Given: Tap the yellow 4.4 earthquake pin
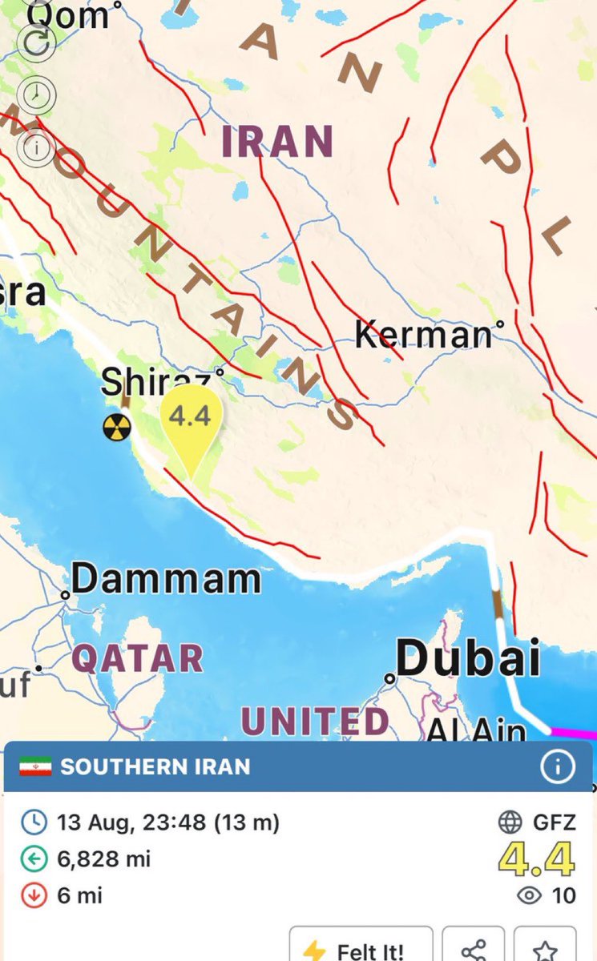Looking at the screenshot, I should coord(191,420).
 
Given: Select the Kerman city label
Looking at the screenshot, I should coord(422,333).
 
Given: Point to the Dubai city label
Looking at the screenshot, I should coord(468,660).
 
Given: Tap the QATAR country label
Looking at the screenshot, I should coord(137,658).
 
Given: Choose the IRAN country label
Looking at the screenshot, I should coord(277,142).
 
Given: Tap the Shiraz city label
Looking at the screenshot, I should coord(158,382).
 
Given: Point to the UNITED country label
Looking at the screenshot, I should coord(315,722).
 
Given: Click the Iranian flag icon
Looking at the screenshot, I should coord(35,766).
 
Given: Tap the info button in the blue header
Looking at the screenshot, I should coord(557,767).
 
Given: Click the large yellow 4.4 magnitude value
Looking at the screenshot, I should coord(536,860).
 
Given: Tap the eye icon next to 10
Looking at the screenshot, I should coord(530,895).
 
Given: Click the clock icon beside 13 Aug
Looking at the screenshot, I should coord(34,822).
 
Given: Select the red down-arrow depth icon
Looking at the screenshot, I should coord(34,895).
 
